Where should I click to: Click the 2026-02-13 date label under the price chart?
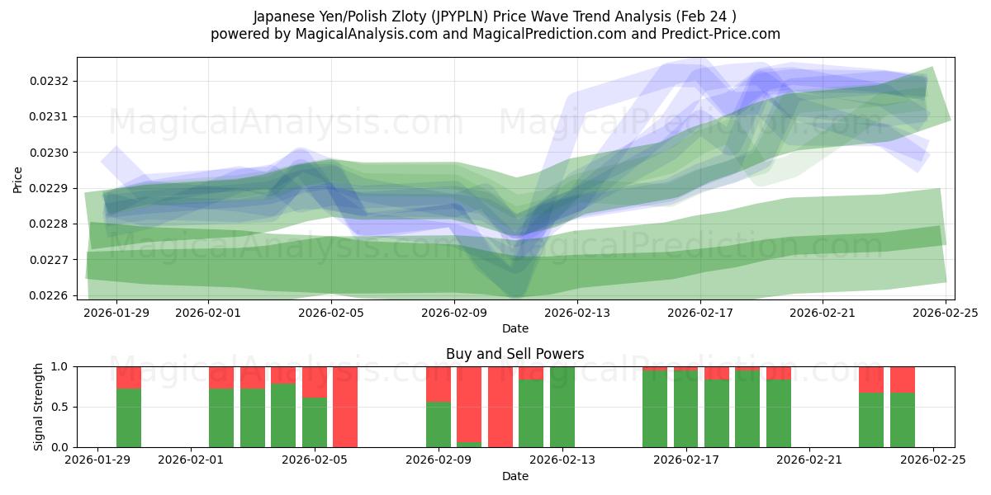(x=577, y=313)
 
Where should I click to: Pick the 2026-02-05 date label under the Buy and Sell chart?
(x=315, y=460)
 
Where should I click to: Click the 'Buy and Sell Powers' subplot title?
(x=514, y=354)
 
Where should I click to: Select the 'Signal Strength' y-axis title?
(x=39, y=406)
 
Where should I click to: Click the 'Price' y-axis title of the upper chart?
(x=18, y=178)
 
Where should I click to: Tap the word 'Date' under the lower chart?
(x=514, y=476)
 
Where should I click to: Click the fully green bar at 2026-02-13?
(x=562, y=407)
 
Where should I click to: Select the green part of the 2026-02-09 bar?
(x=439, y=424)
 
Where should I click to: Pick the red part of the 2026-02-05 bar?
(x=315, y=381)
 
